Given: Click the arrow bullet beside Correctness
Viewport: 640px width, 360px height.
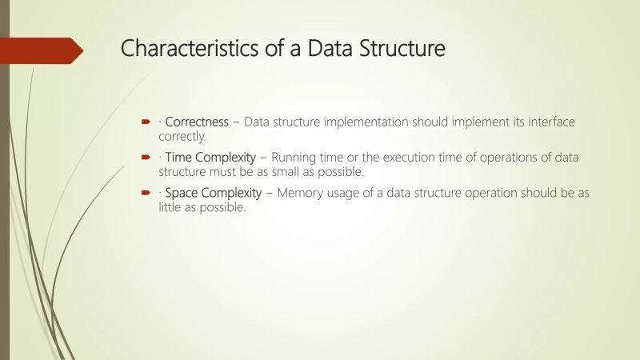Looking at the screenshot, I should tap(147, 122).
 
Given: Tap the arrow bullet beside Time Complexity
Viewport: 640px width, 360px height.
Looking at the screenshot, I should tap(147, 158).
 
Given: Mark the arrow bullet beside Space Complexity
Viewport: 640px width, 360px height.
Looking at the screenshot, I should tap(147, 193).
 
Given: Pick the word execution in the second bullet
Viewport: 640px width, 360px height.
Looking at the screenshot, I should tap(414, 158).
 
